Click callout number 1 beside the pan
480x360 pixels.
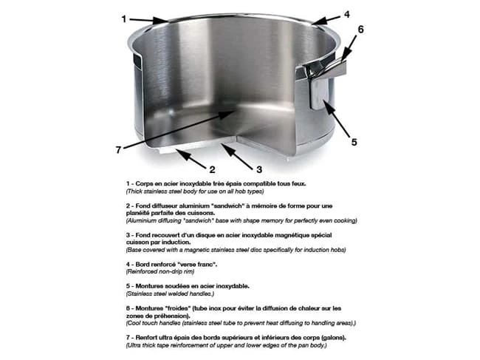124,20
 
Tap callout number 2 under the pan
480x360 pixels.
212,169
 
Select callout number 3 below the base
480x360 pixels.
259,169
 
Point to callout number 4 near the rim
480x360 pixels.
346,13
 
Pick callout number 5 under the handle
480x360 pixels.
353,142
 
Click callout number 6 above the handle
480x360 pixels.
361,30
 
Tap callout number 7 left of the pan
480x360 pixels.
118,149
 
